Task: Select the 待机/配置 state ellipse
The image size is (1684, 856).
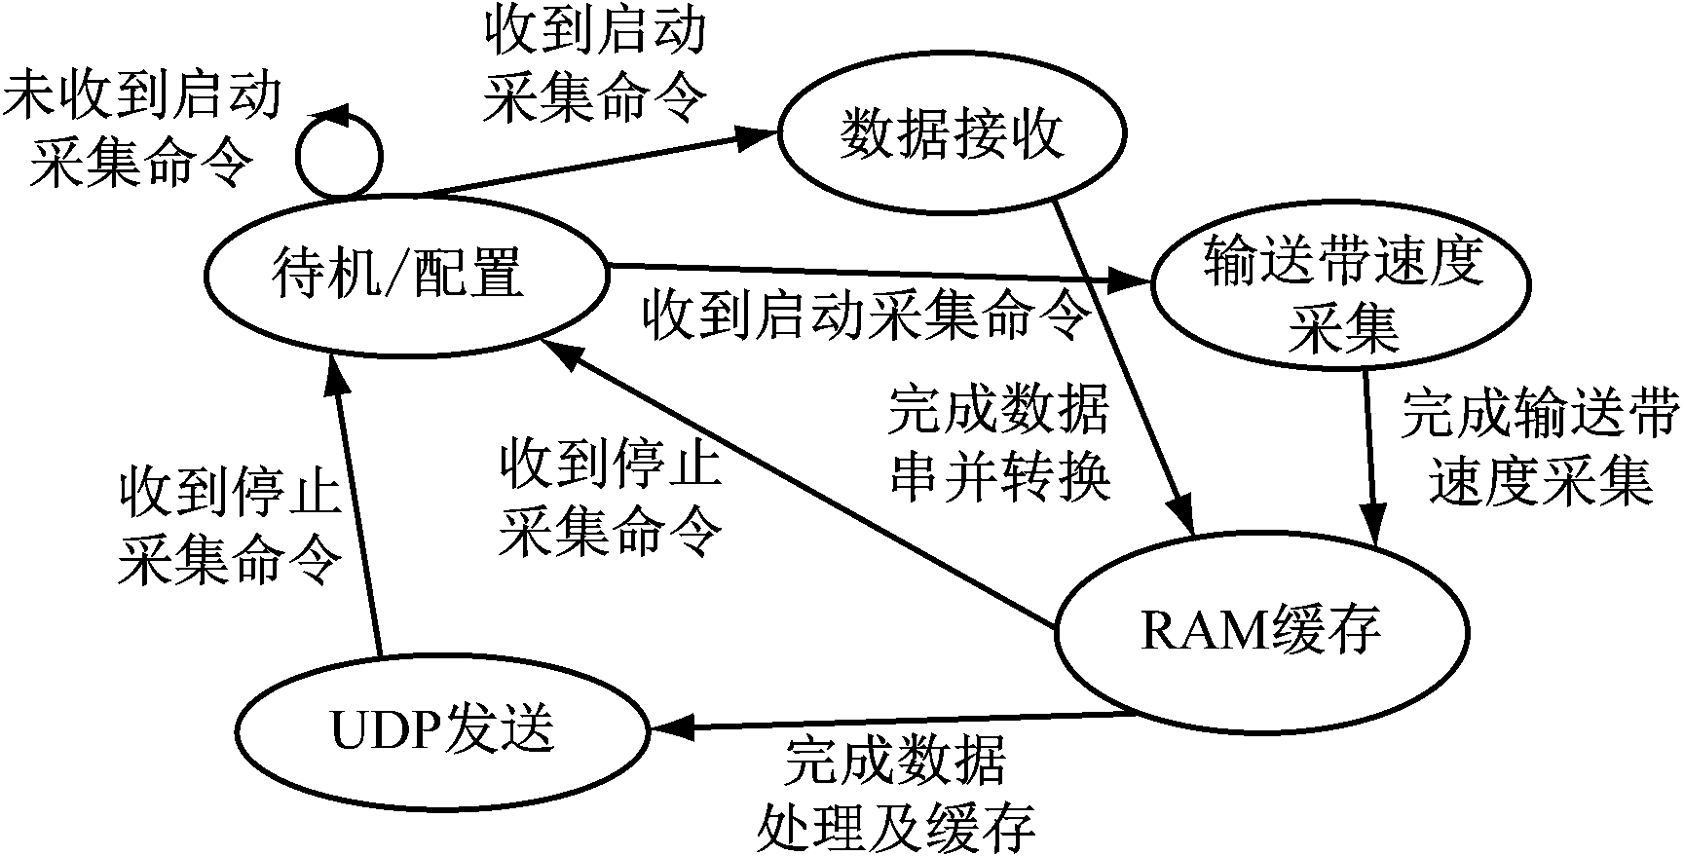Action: tap(405, 274)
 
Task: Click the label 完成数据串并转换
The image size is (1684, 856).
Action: tap(999, 444)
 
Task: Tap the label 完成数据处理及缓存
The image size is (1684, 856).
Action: tap(896, 793)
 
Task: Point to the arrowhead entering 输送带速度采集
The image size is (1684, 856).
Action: tap(1132, 282)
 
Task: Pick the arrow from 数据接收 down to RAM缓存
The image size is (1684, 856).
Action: tap(1120, 360)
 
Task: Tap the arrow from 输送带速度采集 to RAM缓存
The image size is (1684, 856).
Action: tap(1371, 448)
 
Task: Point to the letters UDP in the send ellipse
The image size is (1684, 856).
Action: tap(386, 729)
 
